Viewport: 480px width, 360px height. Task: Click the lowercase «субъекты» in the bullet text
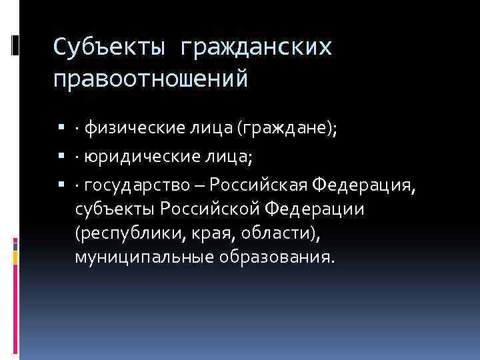(114, 211)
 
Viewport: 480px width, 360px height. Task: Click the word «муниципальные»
(136, 257)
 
